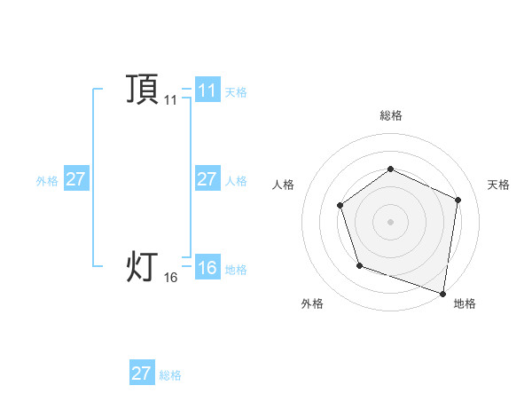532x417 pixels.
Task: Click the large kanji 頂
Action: tap(142, 89)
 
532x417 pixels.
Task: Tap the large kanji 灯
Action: tap(142, 265)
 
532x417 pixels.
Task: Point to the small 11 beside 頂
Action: tap(170, 101)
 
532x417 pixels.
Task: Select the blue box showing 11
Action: tap(207, 90)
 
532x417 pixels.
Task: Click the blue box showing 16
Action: tap(207, 268)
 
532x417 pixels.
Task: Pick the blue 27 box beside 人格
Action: tap(207, 179)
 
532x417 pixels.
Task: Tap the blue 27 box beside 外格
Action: tap(75, 179)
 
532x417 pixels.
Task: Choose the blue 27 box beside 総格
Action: tap(142, 374)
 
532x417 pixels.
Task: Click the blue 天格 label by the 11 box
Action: tap(236, 92)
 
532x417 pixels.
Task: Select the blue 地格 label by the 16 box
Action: tap(236, 270)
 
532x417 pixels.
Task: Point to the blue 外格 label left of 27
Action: tap(47, 181)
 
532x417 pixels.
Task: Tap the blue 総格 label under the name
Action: tap(170, 375)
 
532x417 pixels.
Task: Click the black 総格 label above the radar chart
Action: tap(391, 115)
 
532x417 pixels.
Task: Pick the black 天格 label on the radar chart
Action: tap(499, 185)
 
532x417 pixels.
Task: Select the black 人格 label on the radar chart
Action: tap(283, 185)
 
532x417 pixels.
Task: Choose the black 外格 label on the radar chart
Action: tap(311, 303)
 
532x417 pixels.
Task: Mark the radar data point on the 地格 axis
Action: tap(442, 292)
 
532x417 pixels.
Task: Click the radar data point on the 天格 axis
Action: tap(458, 200)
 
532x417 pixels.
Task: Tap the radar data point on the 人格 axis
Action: tap(340, 206)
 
